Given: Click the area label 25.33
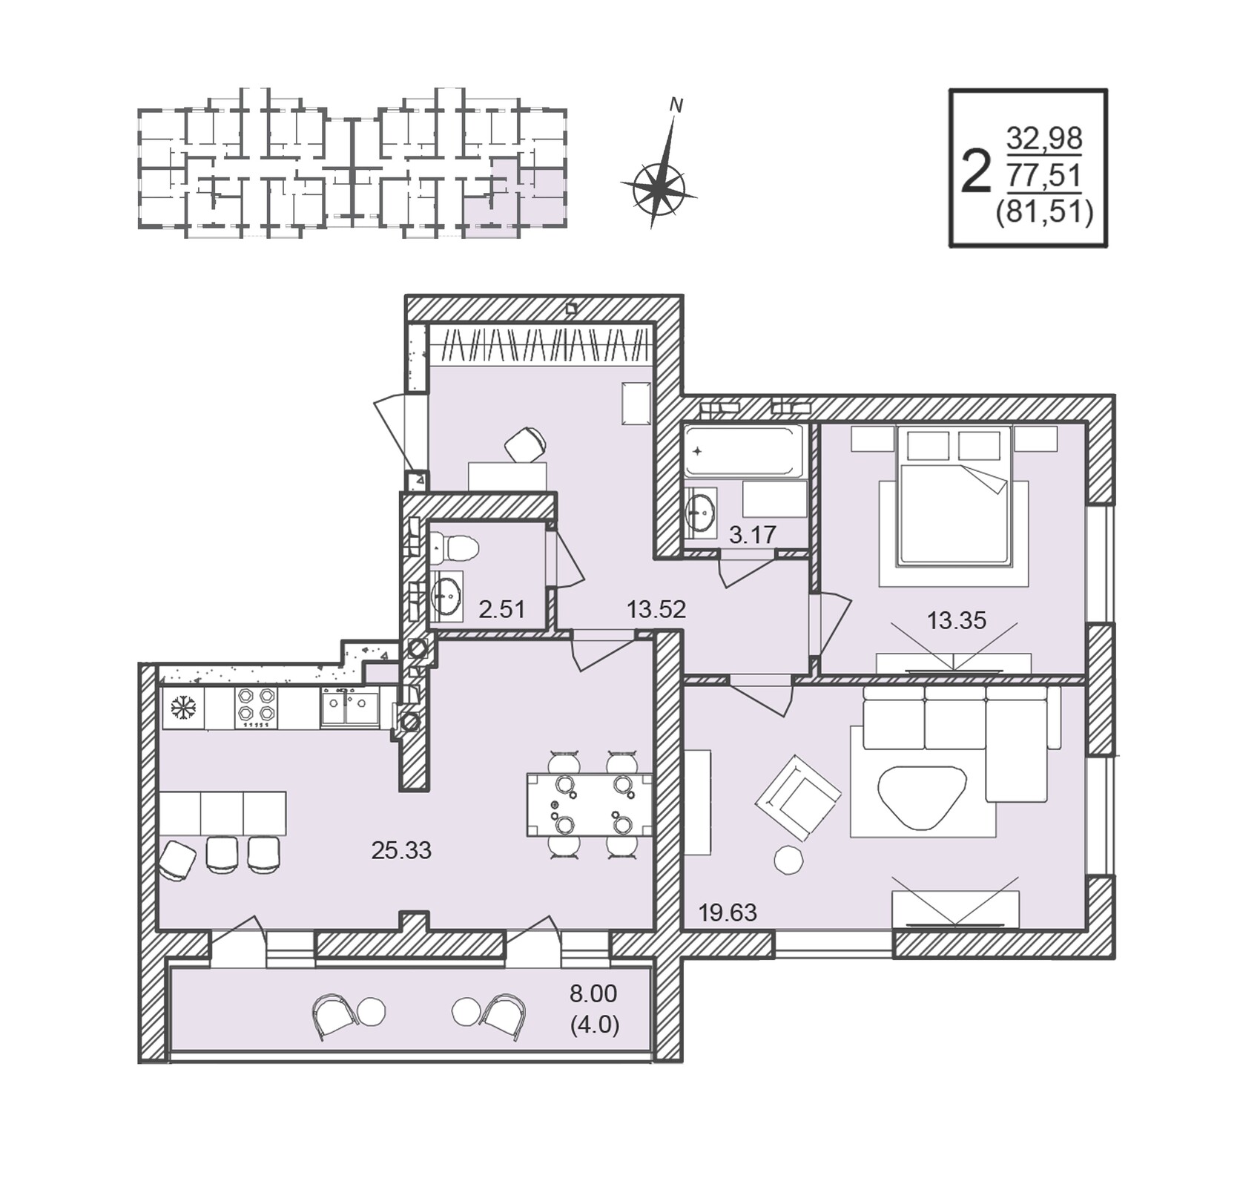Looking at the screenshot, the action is pyautogui.click(x=401, y=850).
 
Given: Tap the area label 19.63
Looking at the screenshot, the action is pyautogui.click(x=728, y=913).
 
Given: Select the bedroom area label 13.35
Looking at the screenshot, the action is pyautogui.click(x=957, y=620).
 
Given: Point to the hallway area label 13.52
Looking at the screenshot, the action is pyautogui.click(x=656, y=610).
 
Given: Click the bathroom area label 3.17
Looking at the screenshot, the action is pyautogui.click(x=752, y=534).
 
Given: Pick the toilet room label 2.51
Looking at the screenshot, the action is pyautogui.click(x=502, y=610).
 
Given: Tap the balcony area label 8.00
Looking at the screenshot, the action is pyautogui.click(x=593, y=993).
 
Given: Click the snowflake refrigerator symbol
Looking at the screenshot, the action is pyautogui.click(x=183, y=708).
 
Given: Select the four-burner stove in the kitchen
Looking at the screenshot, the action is pyautogui.click(x=256, y=707).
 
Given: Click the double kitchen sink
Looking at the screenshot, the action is pyautogui.click(x=349, y=707).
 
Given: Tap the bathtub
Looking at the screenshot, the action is pyautogui.click(x=744, y=450).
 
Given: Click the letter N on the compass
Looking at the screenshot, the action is pyautogui.click(x=676, y=105).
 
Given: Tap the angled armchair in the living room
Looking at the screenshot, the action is pyautogui.click(x=798, y=798).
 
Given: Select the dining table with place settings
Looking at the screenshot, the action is pyautogui.click(x=590, y=804).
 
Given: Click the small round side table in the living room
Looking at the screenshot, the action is pyautogui.click(x=788, y=860).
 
